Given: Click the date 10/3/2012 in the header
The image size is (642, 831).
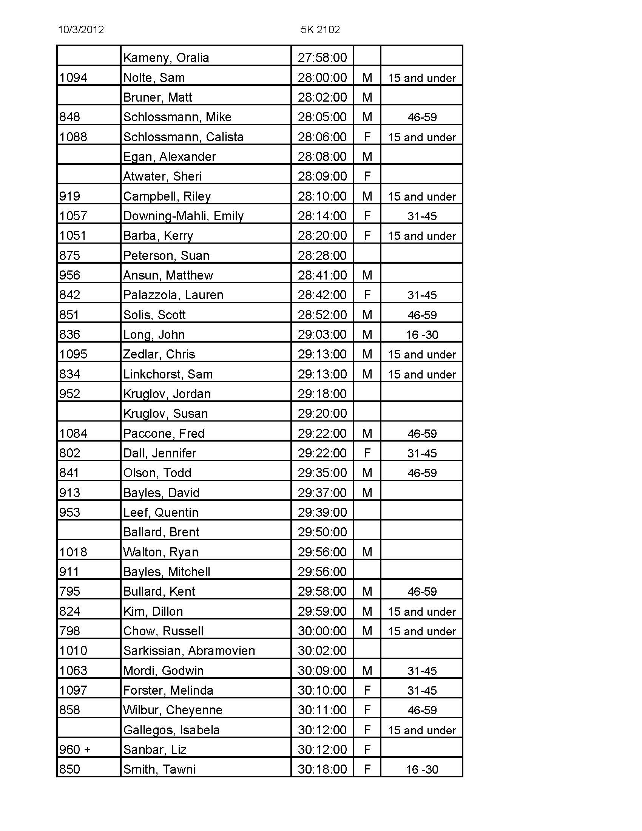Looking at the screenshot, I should (x=81, y=30).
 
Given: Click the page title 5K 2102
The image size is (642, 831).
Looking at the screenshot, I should (x=320, y=30).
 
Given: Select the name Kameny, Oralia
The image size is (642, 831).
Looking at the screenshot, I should (x=166, y=58).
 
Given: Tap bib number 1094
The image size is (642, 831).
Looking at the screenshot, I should (x=73, y=77).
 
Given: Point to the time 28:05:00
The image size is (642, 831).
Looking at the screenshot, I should (x=322, y=117).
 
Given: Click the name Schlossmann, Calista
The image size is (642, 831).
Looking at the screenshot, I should (x=183, y=137).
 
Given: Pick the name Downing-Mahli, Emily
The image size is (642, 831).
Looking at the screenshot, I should (x=183, y=216).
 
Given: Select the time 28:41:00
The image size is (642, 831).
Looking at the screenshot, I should (x=322, y=275).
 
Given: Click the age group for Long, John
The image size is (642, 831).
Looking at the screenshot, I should (x=422, y=335).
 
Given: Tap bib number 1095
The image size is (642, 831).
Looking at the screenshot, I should (x=73, y=354).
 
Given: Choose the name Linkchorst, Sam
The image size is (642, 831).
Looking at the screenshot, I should (x=168, y=374).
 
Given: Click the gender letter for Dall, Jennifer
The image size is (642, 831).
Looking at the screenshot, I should (x=367, y=453).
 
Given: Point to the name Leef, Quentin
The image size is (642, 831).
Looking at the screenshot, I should (x=161, y=513).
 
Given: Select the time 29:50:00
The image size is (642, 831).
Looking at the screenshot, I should (x=322, y=532).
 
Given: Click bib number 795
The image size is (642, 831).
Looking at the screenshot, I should (x=70, y=591).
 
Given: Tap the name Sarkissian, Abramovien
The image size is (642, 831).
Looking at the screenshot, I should (x=189, y=651).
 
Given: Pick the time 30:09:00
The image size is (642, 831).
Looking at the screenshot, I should (x=322, y=670).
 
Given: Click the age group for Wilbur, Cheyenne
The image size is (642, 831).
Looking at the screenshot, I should (x=422, y=710).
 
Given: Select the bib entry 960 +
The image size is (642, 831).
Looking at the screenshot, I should (x=75, y=749).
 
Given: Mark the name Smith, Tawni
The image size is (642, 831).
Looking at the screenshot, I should (x=159, y=769).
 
